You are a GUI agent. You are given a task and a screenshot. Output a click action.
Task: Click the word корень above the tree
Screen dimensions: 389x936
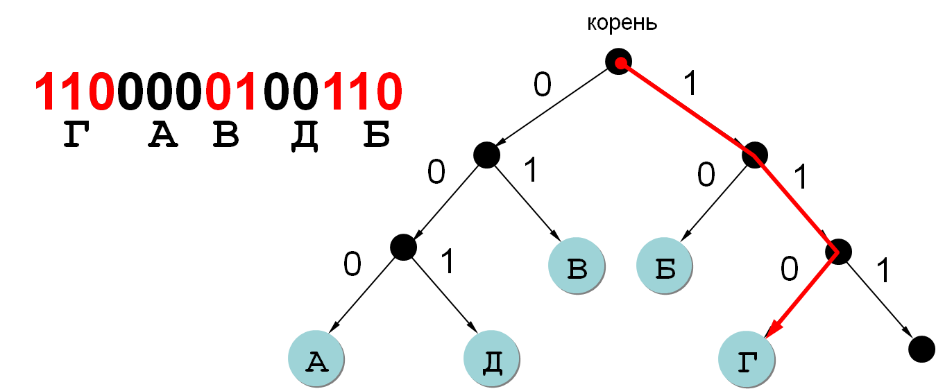[622, 24]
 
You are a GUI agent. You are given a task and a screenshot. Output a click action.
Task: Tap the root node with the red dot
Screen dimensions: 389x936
[619, 62]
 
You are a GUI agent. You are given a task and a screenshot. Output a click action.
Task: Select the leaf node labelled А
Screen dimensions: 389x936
[316, 361]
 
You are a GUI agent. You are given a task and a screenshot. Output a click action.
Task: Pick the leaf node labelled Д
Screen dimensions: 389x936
[491, 361]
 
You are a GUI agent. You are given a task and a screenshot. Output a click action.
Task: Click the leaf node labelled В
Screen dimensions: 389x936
[577, 268]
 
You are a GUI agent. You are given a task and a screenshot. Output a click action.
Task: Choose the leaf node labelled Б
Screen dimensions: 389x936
[665, 268]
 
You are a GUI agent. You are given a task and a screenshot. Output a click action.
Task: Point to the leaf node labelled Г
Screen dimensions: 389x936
[747, 361]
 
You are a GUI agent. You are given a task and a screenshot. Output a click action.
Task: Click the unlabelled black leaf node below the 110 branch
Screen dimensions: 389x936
[921, 348]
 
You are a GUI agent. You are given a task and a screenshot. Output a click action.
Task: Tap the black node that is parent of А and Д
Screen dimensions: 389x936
[403, 246]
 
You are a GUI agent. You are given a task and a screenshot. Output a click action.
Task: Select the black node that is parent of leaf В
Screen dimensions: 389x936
[486, 155]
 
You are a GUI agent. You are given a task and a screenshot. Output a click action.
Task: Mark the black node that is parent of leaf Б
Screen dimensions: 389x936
[754, 155]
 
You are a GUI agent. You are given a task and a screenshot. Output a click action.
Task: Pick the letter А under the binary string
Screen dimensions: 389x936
[164, 136]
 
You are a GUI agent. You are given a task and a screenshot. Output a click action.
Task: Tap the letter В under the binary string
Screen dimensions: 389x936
[226, 136]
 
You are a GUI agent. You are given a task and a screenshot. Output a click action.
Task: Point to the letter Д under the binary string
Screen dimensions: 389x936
[305, 136]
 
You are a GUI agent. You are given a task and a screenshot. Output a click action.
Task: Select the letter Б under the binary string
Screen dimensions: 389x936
[377, 136]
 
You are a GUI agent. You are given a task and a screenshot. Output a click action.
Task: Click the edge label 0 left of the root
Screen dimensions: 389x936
[543, 85]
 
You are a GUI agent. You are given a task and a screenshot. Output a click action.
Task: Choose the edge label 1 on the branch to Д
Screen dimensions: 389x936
[448, 262]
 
